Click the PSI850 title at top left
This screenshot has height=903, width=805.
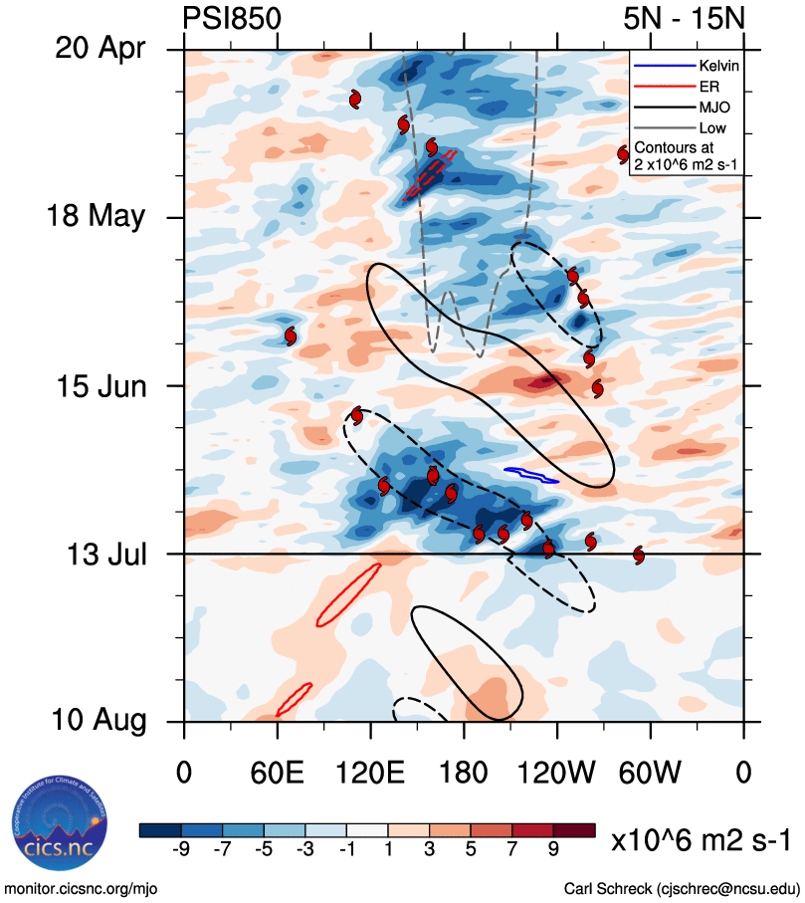coord(232,19)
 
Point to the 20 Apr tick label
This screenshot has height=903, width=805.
coord(102,50)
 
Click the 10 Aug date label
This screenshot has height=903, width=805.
coord(100,721)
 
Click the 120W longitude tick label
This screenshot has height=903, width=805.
coord(557,774)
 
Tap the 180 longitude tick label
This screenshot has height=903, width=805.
coord(464,774)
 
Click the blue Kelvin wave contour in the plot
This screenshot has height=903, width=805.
coord(531,475)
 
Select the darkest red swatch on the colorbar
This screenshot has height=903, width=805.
coord(573,829)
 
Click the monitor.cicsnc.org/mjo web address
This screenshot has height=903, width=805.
coord(82,888)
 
